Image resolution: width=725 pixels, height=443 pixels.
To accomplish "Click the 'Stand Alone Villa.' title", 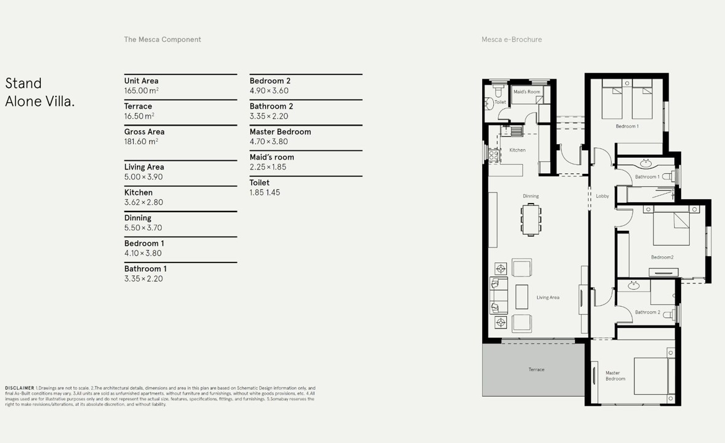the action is pyautogui.click(x=40, y=92).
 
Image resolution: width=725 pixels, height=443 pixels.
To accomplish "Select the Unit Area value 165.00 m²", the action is pyautogui.click(x=141, y=90).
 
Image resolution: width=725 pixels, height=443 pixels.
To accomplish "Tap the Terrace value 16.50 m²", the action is pyautogui.click(x=139, y=116).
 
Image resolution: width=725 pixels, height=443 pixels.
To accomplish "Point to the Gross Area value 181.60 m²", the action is pyautogui.click(x=141, y=141).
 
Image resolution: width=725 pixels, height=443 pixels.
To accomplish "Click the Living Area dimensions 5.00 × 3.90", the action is pyautogui.click(x=143, y=177).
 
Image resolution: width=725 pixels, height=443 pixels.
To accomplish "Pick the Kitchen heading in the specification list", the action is pyautogui.click(x=138, y=192).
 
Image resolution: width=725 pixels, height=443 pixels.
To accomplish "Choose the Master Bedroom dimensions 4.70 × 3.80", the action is pyautogui.click(x=269, y=142).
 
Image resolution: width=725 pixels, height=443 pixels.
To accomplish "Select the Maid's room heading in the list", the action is pyautogui.click(x=272, y=157).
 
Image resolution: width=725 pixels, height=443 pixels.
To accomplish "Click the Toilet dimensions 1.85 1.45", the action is pyautogui.click(x=265, y=192).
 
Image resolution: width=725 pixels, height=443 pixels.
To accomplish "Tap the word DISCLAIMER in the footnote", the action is pyautogui.click(x=20, y=388).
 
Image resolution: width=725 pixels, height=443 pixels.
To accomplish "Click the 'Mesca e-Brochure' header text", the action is pyautogui.click(x=511, y=40).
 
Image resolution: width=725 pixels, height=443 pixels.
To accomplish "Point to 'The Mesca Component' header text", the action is pyautogui.click(x=162, y=40).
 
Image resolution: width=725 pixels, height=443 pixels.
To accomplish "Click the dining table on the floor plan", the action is pyautogui.click(x=531, y=220).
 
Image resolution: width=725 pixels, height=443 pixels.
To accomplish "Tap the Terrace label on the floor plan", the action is pyautogui.click(x=537, y=369).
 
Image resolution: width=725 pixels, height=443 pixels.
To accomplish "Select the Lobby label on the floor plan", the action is pyautogui.click(x=602, y=196).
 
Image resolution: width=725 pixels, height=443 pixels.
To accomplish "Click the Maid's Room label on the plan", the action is pyautogui.click(x=527, y=92).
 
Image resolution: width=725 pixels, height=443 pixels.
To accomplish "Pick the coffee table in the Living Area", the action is pyautogui.click(x=522, y=297).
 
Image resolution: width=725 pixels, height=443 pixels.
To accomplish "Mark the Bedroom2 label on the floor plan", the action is pyautogui.click(x=662, y=257).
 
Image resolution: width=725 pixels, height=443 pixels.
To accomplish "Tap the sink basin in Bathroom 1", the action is pyautogui.click(x=646, y=163).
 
